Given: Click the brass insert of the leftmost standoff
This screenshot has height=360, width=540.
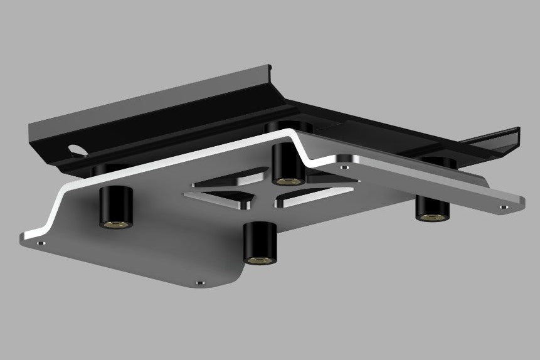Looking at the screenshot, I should tap(116, 223).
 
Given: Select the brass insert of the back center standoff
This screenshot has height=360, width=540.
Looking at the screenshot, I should tap(287, 181).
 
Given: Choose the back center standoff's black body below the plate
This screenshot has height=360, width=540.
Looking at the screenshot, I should tap(287, 161).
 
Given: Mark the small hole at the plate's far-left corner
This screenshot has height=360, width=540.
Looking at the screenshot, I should tap(41, 241).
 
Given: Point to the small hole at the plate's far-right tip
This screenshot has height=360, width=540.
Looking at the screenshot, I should tap(504, 206).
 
